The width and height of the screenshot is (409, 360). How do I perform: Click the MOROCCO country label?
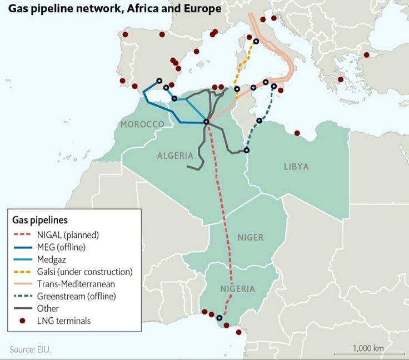tap(142, 124)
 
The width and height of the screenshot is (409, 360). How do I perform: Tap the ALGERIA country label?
tap(175, 156)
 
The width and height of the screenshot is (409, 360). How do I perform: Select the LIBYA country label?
tap(296, 167)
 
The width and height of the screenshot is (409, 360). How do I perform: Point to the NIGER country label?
tap(250, 238)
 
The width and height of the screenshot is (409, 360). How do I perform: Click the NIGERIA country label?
tap(237, 289)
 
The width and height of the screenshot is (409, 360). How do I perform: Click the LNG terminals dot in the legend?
tap(23, 321)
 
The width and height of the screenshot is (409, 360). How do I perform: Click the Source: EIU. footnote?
tap(34, 349)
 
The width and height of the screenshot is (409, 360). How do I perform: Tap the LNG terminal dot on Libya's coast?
tap(297, 133)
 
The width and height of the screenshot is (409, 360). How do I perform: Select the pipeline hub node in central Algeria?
tap(206, 122)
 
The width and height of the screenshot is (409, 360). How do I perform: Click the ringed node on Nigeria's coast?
tap(219, 318)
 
